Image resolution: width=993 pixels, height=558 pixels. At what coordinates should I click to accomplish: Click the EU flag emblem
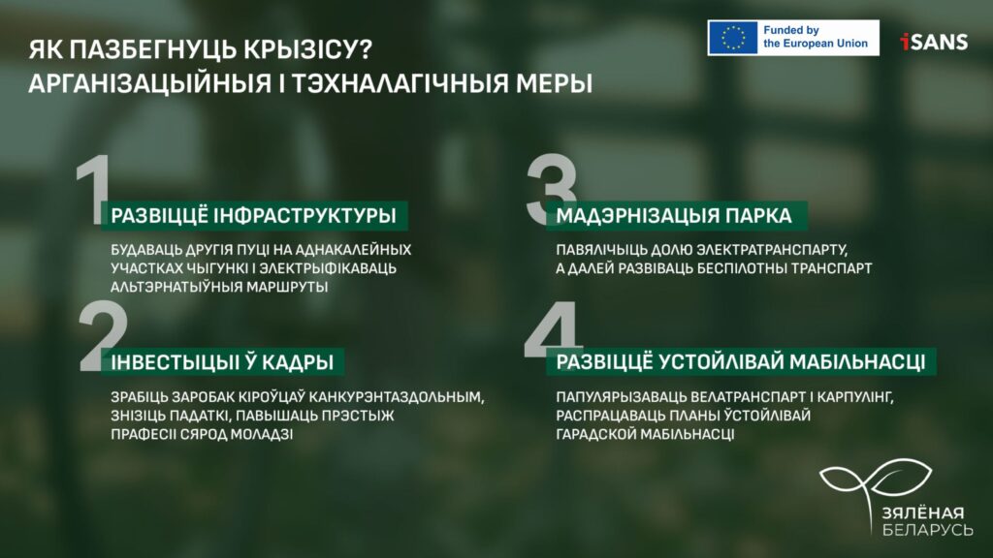733,38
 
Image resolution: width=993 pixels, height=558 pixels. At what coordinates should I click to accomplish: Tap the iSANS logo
934,42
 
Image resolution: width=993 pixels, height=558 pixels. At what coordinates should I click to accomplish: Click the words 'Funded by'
791,30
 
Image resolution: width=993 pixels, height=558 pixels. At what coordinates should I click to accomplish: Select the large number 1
93,190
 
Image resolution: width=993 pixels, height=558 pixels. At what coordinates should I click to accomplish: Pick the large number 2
103,336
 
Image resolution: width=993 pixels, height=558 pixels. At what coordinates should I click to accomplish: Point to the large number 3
551,189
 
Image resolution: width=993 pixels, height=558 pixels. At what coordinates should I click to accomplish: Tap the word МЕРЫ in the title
554,83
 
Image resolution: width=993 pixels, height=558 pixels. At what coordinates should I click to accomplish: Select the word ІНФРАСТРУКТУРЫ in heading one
304,215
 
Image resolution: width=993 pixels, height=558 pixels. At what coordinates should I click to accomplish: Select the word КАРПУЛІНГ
855,397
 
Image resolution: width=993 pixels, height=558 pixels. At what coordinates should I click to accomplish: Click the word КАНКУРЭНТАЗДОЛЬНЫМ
397,397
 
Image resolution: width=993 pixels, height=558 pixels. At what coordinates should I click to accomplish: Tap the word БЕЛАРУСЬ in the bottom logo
928,529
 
